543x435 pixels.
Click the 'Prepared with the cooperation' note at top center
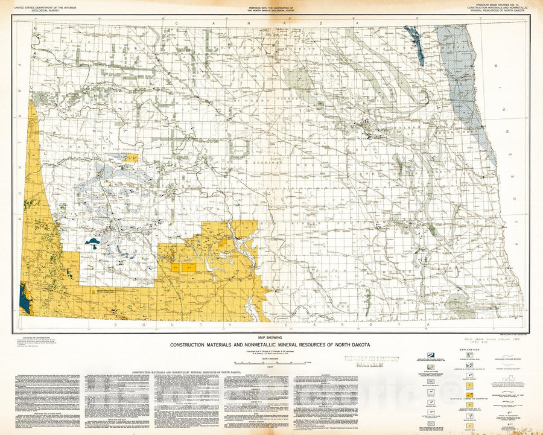271,8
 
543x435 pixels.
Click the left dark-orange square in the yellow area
175,265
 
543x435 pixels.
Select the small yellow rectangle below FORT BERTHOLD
133,158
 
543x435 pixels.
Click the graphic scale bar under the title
271,362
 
